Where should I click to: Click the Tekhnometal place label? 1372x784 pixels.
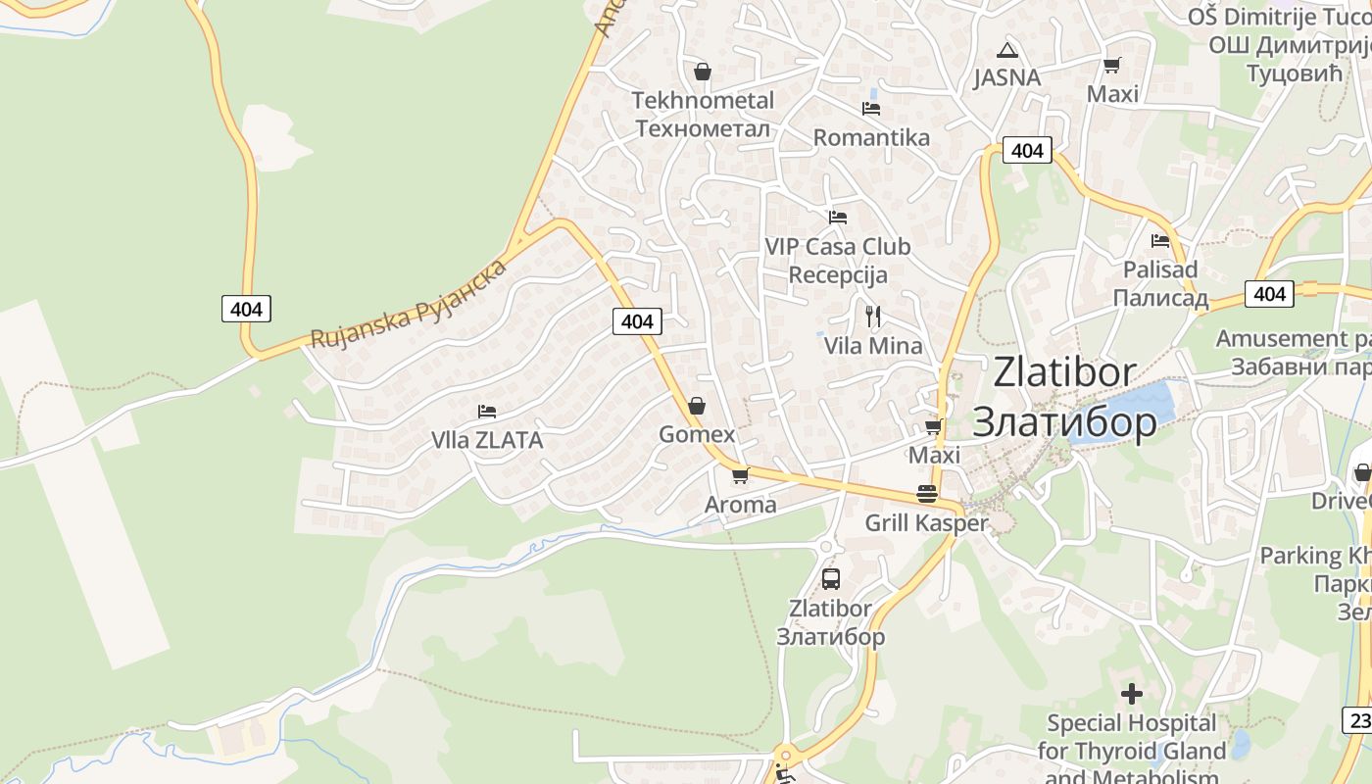point(703,114)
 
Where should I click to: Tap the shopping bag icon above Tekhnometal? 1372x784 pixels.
point(702,72)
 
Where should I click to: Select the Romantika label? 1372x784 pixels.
point(870,137)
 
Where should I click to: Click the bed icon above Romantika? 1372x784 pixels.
point(870,108)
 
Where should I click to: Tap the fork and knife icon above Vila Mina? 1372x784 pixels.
point(873,316)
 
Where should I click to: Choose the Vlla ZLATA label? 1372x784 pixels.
point(487,440)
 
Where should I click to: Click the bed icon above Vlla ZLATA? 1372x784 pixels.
point(487,411)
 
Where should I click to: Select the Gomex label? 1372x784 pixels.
point(696,434)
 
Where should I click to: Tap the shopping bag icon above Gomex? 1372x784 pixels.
point(696,405)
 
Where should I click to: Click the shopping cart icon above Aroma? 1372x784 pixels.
point(740,475)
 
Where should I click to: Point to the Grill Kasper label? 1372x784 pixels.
point(926,523)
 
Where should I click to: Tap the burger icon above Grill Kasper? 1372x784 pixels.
point(926,494)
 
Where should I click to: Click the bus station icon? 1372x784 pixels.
point(830,578)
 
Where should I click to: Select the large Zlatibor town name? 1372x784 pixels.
point(1064,396)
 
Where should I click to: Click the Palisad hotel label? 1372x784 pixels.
point(1160,283)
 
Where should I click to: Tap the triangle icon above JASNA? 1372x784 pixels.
point(1006,50)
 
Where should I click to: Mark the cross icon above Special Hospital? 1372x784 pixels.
point(1132,694)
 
